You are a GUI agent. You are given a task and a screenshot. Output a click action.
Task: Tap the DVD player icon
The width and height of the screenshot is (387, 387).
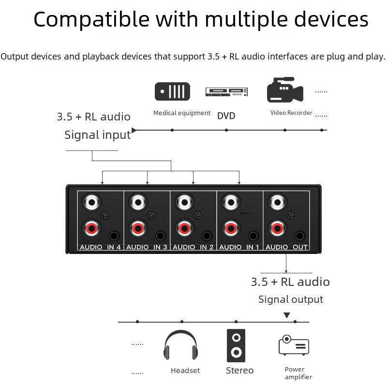tap(226, 91)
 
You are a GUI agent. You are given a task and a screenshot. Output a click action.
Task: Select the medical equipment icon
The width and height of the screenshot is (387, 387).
tap(172, 91)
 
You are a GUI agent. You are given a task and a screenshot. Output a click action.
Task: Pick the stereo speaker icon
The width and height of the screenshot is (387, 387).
tap(236, 345)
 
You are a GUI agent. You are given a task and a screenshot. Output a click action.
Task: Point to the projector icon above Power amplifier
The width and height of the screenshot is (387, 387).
tap(294, 345)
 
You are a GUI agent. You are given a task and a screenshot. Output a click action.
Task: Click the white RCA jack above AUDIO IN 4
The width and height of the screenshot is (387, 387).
tap(90, 201)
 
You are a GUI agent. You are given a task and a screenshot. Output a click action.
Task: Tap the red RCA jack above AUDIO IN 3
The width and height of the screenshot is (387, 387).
tap(137, 227)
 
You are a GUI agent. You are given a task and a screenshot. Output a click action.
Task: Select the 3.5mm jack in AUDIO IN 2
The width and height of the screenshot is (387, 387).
tap(207, 236)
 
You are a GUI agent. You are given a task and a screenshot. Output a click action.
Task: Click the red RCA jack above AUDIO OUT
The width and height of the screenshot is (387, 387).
tap(277, 227)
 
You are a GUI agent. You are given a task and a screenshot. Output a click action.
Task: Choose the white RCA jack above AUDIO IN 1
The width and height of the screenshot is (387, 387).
tap(230, 201)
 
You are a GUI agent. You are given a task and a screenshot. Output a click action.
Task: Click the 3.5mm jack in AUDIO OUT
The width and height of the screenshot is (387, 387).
tap(300, 236)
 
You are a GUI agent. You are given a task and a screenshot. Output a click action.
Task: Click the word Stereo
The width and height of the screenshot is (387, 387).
tap(239, 371)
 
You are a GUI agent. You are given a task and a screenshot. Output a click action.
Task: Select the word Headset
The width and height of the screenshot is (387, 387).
tap(185, 371)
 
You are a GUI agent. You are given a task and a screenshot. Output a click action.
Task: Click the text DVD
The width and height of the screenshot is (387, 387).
tap(226, 116)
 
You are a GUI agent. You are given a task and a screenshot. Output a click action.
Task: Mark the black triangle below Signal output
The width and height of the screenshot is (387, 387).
tap(287, 315)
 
